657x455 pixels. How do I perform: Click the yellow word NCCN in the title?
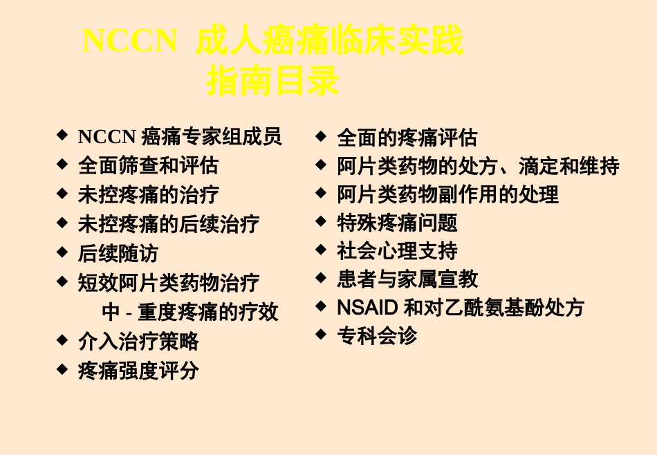130,41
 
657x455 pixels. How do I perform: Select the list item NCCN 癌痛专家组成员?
180,137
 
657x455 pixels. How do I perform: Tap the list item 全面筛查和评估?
148,166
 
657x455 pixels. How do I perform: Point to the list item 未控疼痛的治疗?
148,195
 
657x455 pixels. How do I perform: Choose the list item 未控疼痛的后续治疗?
169,224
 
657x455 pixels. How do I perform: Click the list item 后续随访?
118,254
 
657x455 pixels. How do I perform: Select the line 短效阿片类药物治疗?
169,283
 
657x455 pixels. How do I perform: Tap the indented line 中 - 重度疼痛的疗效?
190,313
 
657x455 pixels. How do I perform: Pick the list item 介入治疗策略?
138,342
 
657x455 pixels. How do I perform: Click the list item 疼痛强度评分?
138,371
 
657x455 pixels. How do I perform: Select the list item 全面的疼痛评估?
407,138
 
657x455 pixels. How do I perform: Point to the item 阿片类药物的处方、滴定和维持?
478,167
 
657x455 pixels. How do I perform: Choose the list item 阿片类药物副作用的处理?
447,195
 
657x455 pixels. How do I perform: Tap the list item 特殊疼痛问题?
397,223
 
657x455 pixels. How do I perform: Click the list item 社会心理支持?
397,251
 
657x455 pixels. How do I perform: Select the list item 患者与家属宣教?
407,279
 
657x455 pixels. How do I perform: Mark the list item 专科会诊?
377,337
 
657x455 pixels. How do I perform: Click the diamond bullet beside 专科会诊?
321,334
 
